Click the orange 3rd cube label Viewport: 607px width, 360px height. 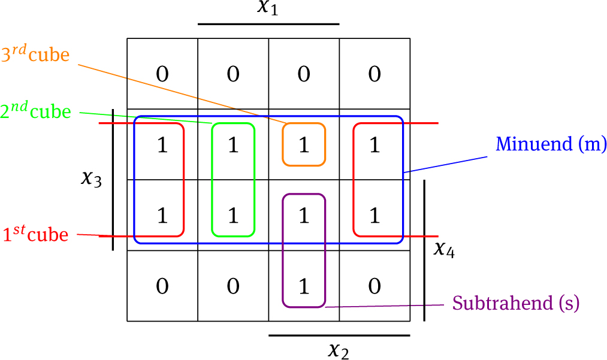35,56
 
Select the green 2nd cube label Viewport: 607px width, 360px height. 35,112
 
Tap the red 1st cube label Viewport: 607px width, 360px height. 35,234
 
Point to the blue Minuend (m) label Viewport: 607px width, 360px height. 551,144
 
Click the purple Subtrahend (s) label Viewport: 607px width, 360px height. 516,304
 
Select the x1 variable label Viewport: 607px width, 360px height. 268,8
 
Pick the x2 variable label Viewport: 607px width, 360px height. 339,349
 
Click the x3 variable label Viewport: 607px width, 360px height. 92,179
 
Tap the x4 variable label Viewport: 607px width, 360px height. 443,249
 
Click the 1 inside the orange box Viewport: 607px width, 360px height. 304,145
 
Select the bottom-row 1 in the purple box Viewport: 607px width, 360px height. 304,286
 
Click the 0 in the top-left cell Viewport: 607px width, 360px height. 162,74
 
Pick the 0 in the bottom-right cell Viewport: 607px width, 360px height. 375,286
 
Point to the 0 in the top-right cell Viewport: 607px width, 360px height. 375,74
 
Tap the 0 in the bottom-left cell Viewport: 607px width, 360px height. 162,286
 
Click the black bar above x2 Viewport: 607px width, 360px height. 339,335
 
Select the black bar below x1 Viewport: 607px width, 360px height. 268,25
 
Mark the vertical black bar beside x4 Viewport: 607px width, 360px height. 424,250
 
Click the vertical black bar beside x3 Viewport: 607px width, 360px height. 113,179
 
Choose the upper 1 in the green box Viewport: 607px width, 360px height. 233,145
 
